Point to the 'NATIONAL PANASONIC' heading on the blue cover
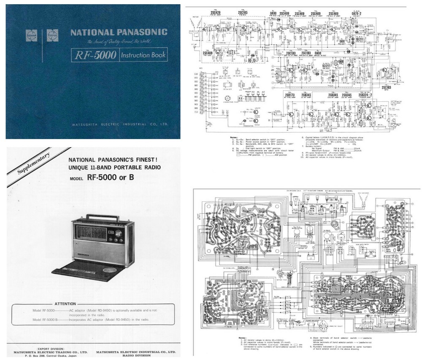tap(119, 32)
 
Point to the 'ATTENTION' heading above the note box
tap(65, 304)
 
